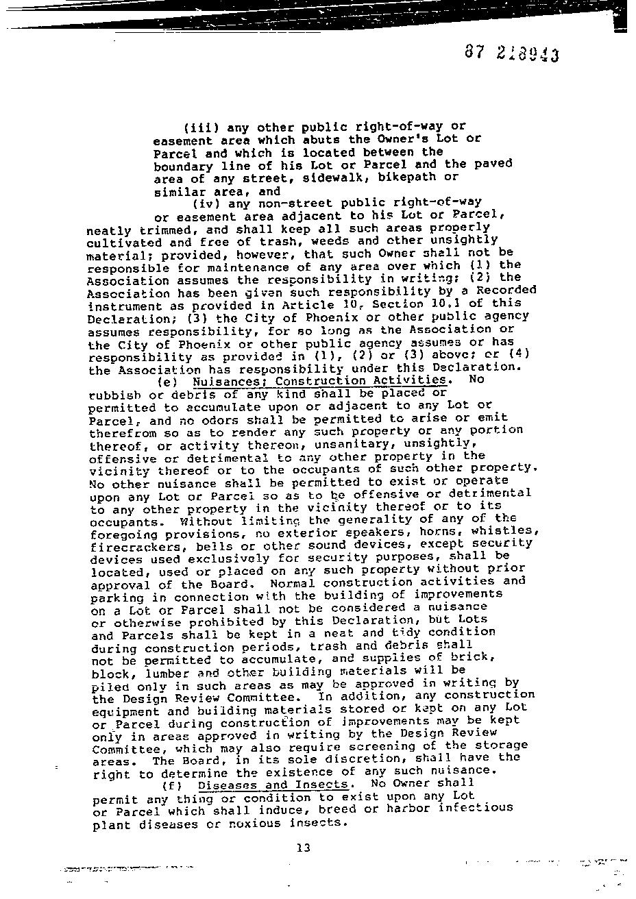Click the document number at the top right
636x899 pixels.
click(x=511, y=53)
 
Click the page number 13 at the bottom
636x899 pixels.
click(x=304, y=848)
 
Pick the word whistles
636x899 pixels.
click(x=506, y=531)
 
